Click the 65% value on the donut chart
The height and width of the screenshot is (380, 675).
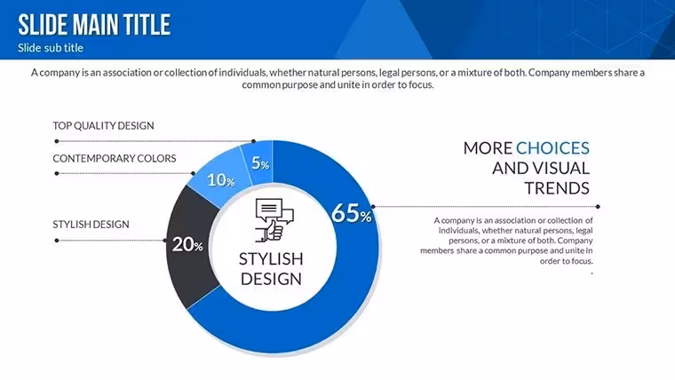[x=352, y=213]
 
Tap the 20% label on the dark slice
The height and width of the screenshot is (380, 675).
[x=187, y=245]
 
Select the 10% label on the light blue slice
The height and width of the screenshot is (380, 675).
[x=221, y=180]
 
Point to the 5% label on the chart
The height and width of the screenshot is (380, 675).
[x=260, y=163]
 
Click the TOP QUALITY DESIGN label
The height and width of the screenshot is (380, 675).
[x=103, y=126]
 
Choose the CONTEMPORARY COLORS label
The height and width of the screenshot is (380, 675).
[x=115, y=158]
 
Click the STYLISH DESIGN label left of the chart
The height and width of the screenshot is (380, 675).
[x=91, y=225]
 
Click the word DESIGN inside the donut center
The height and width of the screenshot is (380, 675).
[x=271, y=279]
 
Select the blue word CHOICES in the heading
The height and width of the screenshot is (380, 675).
[x=552, y=148]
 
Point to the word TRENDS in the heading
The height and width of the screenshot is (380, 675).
[x=557, y=188]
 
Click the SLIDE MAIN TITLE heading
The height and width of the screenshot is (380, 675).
[x=94, y=25]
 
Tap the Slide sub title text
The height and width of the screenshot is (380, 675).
[x=51, y=48]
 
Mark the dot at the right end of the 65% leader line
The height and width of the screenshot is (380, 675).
[x=598, y=207]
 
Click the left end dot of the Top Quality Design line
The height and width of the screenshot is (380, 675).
[x=57, y=141]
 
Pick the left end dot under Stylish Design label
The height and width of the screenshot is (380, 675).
[x=57, y=241]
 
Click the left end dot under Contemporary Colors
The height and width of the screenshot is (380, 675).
[x=57, y=173]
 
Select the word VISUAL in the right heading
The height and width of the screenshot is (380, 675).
[x=562, y=169]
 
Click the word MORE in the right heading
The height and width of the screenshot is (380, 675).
[x=488, y=148]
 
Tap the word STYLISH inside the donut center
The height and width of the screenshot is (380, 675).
[x=271, y=259]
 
